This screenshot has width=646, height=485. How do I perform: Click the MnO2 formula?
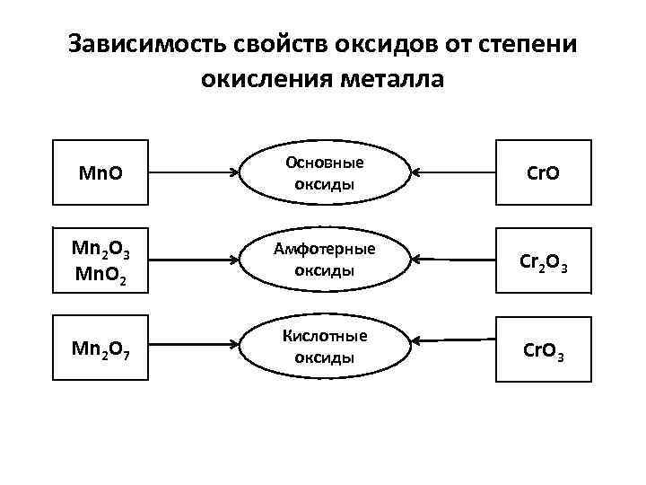click(x=99, y=272)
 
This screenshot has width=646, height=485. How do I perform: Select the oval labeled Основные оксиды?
click(x=324, y=172)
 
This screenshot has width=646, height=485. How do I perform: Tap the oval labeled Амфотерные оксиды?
click(x=324, y=260)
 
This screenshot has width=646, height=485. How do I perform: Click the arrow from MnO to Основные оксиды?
click(x=192, y=171)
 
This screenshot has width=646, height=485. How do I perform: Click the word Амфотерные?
click(x=324, y=249)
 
